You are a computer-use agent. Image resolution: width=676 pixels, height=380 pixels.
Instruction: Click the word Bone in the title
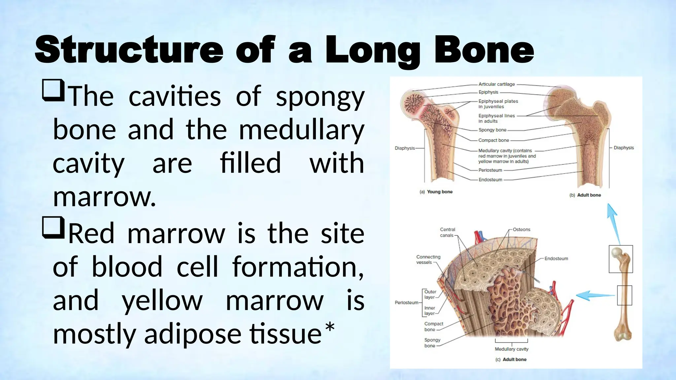coord(484,50)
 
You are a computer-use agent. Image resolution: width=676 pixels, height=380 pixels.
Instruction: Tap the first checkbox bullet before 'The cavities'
coord(53,90)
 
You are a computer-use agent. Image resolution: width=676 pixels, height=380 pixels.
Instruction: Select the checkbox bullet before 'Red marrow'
coord(53,227)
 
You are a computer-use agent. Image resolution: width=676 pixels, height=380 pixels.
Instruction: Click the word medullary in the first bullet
coord(301,130)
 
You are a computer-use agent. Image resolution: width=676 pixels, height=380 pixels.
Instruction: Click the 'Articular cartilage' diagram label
coord(496,84)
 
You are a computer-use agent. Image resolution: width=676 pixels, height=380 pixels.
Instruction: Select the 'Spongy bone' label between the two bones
coord(492,130)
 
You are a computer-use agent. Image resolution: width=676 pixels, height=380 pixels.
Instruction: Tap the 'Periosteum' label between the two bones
coord(490,170)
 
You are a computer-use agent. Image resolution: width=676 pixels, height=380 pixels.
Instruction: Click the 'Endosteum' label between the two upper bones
coord(490,180)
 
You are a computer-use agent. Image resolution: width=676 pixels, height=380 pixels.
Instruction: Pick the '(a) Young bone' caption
coord(436,192)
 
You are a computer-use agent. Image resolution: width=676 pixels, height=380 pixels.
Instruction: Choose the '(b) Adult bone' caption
coord(585,195)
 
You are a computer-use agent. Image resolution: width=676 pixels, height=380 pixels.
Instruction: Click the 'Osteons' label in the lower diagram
coord(522,230)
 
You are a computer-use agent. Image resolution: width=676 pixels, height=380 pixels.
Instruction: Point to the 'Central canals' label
coord(447,232)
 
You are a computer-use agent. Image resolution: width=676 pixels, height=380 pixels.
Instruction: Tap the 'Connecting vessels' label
coord(428,260)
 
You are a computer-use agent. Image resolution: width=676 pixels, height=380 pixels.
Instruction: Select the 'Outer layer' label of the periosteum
coord(430,294)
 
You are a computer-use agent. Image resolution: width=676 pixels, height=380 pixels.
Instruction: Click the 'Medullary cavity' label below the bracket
coord(511,349)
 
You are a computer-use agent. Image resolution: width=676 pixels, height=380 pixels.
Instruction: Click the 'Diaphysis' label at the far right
coord(624,148)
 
